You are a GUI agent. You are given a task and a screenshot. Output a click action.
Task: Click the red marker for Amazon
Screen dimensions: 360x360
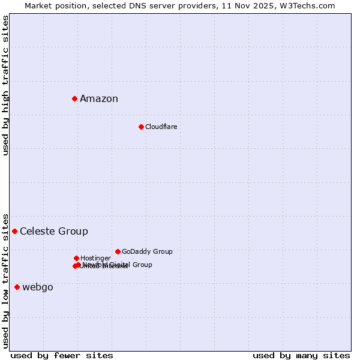74,98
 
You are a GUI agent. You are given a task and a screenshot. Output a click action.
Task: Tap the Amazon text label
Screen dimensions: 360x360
99,99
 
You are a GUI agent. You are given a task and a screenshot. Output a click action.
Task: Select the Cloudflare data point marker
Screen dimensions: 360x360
141,127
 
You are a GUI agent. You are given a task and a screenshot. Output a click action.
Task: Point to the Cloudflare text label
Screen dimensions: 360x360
161,127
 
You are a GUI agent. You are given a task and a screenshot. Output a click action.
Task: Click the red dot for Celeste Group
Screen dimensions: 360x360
14,231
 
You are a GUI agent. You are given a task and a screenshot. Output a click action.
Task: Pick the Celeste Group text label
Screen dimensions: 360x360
54,232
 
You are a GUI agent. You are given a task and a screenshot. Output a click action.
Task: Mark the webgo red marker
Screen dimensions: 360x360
17,287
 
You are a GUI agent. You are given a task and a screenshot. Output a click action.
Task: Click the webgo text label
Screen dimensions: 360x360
38,287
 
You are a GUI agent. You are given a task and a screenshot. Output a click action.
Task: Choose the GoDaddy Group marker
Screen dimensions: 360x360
118,251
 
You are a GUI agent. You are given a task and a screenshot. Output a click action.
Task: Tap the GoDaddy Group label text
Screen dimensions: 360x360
147,252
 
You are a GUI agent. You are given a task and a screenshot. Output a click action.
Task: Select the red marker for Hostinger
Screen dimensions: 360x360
76,258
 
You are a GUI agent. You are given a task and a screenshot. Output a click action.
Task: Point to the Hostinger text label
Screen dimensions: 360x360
95,258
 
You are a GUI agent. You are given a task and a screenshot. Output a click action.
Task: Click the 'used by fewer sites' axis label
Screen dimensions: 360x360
62,355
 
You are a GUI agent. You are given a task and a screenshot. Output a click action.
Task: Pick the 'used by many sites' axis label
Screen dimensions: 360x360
301,355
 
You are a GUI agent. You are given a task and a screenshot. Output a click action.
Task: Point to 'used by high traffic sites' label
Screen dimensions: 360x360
5,85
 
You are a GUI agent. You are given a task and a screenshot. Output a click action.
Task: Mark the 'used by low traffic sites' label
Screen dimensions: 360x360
5,281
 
